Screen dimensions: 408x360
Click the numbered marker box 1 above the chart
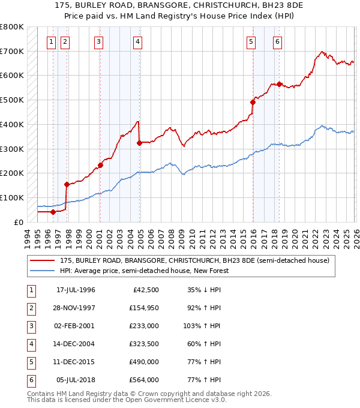[x=51, y=42]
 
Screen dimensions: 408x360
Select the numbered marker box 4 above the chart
[x=138, y=42]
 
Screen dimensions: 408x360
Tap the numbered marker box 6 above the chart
[x=278, y=42]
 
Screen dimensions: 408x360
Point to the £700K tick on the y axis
[x=11, y=51]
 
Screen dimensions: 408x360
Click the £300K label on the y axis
[x=11, y=149]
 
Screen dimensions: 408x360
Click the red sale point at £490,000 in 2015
[x=253, y=102]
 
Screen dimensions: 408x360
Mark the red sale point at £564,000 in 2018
[x=279, y=84]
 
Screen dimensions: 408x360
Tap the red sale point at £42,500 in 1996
[x=53, y=211]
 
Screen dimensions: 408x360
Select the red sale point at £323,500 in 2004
[x=139, y=143]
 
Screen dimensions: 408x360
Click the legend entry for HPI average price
[x=144, y=271]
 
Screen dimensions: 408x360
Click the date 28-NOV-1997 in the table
[x=76, y=308]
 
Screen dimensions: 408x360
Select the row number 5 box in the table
[x=30, y=362]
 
